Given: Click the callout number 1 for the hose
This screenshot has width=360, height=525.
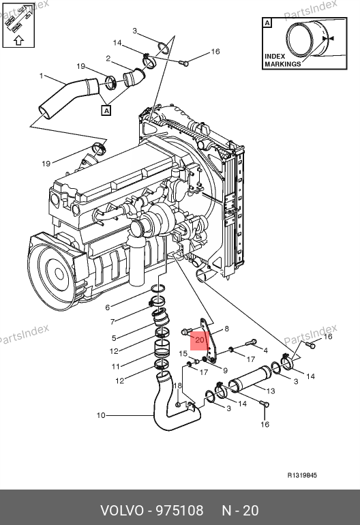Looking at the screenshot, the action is [x=41, y=76].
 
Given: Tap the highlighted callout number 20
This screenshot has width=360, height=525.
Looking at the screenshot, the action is [x=199, y=340].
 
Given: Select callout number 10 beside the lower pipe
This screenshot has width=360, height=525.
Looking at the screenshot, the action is [x=101, y=415].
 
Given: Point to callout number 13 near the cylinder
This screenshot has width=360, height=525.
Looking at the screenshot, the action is [x=271, y=391].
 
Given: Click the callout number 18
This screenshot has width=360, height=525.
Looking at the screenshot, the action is [x=177, y=385].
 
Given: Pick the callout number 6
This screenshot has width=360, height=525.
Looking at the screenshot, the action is [x=108, y=307].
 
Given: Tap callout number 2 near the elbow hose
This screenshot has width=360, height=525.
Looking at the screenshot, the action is [x=108, y=59].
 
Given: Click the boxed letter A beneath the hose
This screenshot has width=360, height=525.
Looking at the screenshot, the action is [x=106, y=110].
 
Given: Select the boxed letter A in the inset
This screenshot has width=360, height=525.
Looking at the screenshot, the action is [x=267, y=22].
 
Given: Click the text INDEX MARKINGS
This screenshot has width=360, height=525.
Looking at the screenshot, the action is [x=283, y=60].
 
